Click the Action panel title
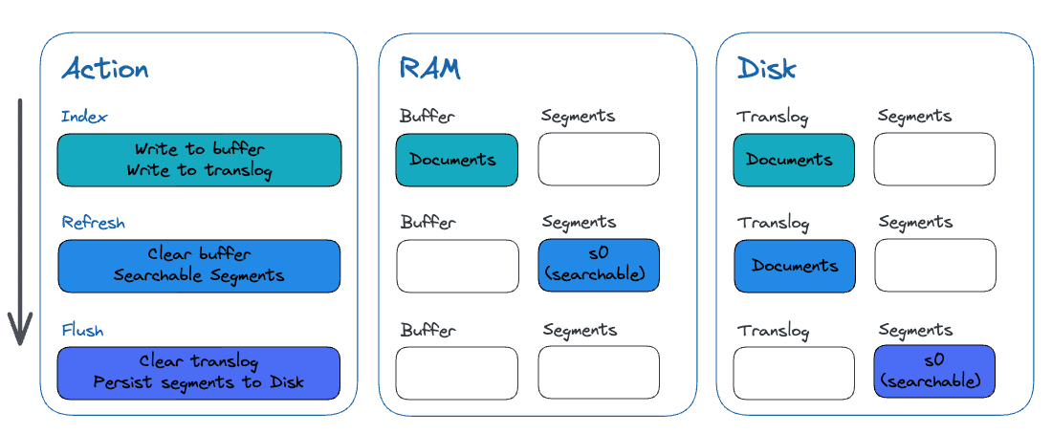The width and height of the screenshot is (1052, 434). tap(105, 69)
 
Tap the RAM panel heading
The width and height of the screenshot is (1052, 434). tap(429, 68)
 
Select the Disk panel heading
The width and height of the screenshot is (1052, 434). tap(767, 68)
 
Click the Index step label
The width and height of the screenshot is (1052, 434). tap(84, 117)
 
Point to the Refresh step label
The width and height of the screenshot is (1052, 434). tap(94, 223)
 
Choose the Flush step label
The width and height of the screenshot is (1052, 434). tap(82, 331)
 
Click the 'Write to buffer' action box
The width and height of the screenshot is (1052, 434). tap(199, 160)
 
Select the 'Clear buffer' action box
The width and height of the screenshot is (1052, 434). tap(199, 266)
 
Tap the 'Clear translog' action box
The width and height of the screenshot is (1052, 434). tap(199, 373)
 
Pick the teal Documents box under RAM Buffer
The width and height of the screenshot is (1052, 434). tap(457, 160)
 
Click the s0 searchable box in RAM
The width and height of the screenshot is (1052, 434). tap(599, 266)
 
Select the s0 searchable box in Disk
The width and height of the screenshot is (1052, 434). tap(934, 373)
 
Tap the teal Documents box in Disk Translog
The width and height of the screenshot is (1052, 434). tap(794, 160)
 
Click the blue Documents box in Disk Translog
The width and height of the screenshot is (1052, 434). tap(794, 266)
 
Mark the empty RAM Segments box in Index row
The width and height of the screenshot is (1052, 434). tap(599, 160)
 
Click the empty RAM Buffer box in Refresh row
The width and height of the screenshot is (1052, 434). tap(457, 266)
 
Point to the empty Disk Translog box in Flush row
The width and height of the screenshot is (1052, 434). tap(794, 373)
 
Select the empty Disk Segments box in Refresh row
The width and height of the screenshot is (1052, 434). tap(934, 266)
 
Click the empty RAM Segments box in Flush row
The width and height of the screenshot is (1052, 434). tap(599, 373)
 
